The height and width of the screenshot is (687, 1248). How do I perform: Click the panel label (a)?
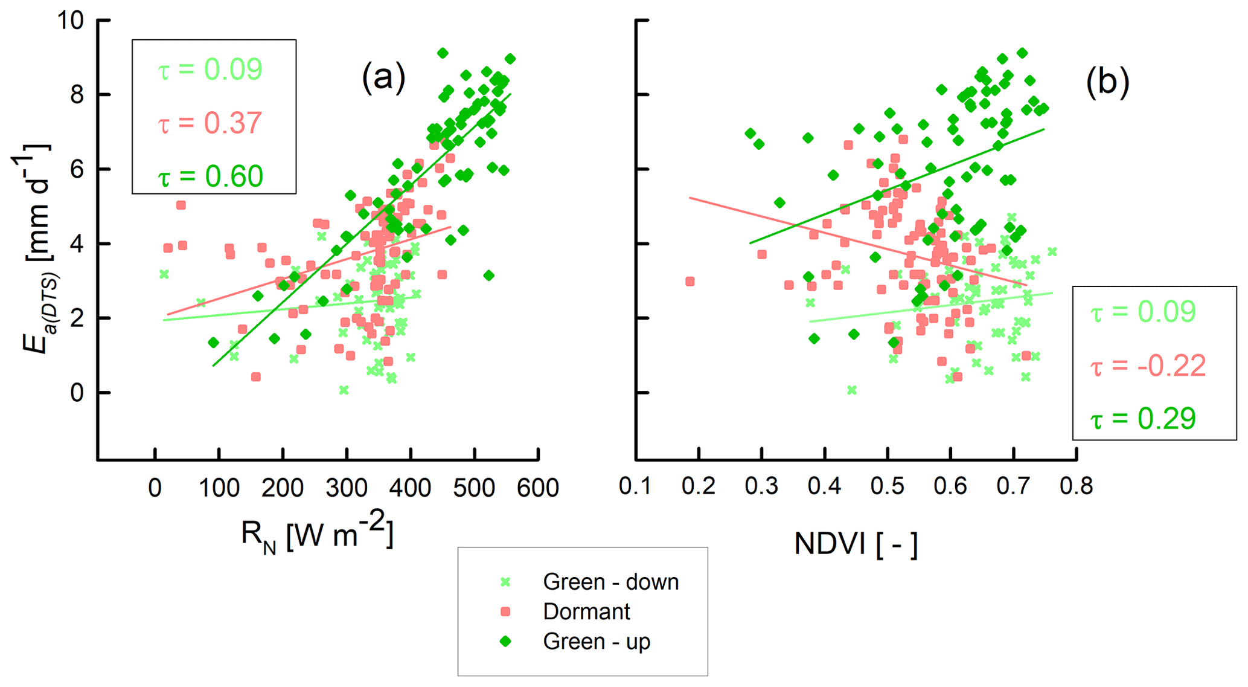[x=383, y=78]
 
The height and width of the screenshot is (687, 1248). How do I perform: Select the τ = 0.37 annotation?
[x=210, y=123]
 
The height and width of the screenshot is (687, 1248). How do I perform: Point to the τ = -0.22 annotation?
[x=1148, y=366]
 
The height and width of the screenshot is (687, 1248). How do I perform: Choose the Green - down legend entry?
[x=610, y=582]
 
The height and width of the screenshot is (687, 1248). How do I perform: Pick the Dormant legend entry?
[x=586, y=612]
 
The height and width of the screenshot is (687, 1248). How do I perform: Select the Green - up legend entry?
[x=596, y=642]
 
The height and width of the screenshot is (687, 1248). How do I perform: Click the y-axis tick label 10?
[x=70, y=21]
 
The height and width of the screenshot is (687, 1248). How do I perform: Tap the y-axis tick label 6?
[x=77, y=170]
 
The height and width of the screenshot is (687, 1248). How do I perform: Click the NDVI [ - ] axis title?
[x=856, y=544]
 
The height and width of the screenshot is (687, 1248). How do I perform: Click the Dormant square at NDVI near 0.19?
[x=690, y=282]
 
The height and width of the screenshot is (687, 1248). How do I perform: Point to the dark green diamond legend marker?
[x=506, y=642]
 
